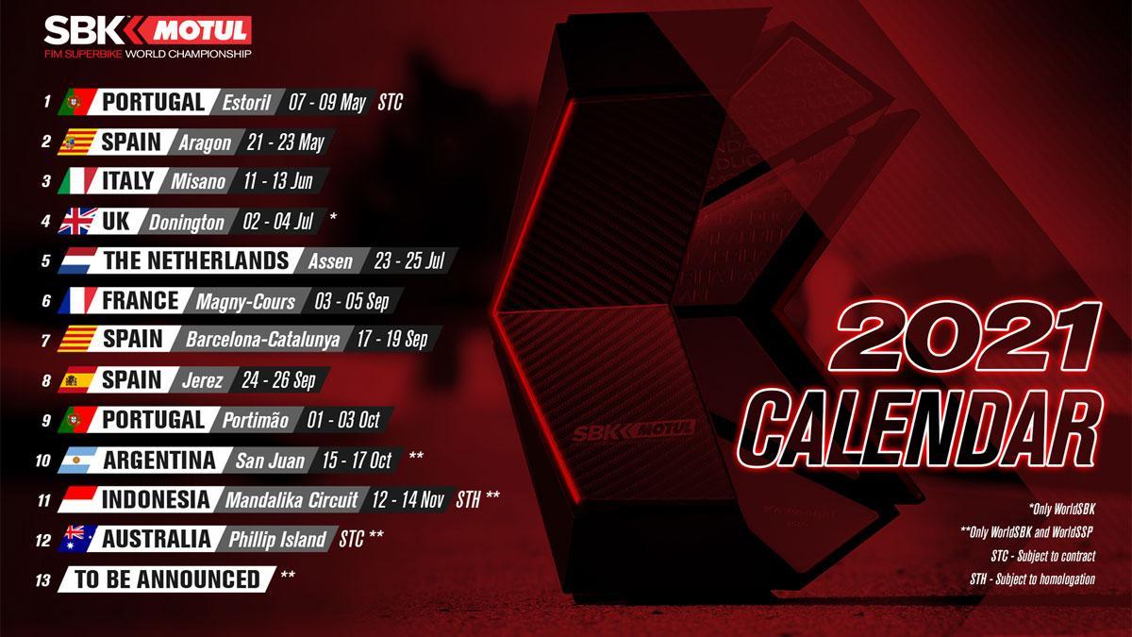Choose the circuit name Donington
[187, 223]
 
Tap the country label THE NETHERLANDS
[196, 260]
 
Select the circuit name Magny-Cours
[246, 302]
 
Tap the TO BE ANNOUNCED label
[168, 579]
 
